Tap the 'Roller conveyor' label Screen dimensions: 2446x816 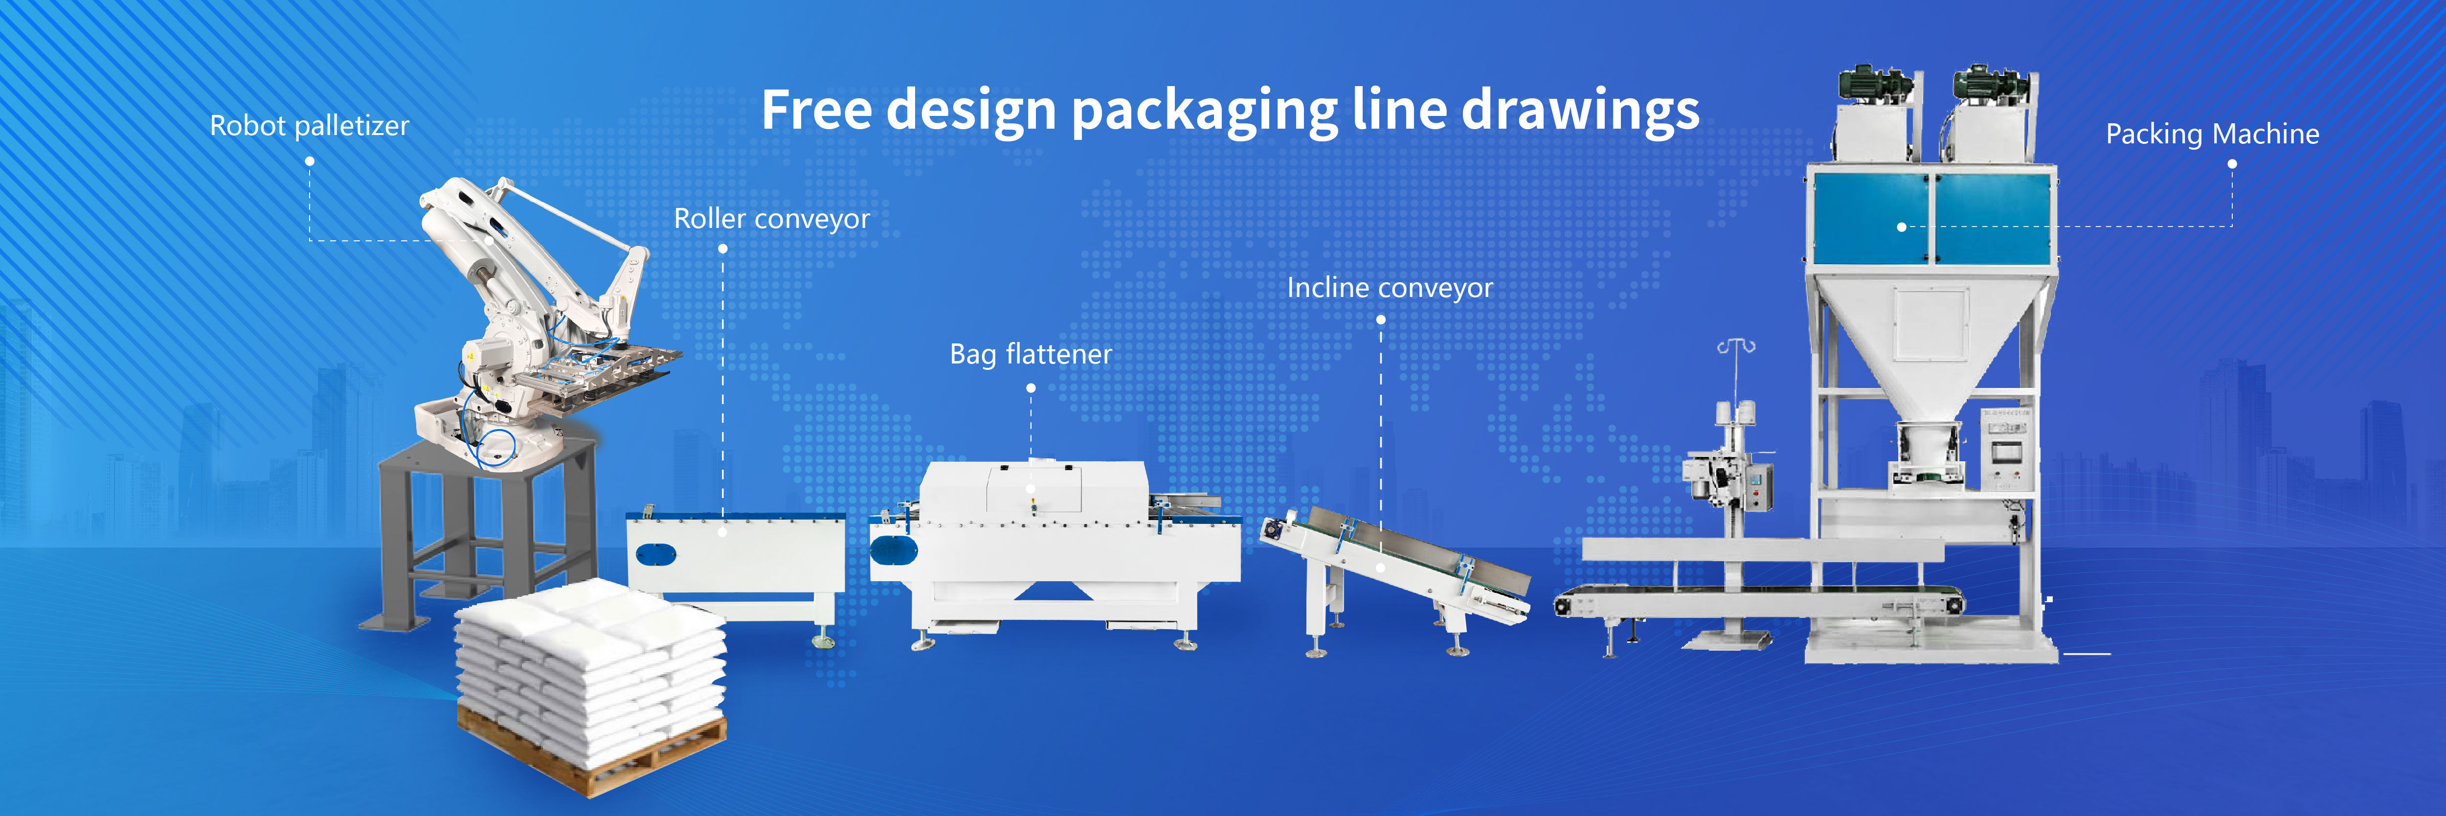point(771,219)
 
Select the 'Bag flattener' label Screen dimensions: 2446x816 point(1030,354)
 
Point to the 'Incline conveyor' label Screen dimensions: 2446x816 point(1389,288)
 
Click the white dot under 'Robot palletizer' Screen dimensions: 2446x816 point(310,161)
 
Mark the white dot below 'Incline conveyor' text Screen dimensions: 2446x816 point(1381,320)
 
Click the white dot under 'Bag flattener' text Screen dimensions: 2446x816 point(1030,387)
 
